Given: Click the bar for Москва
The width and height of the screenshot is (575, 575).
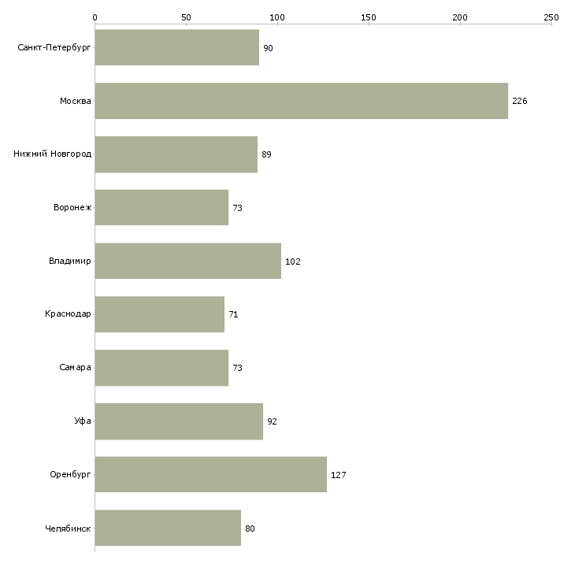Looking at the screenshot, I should pyautogui.click(x=301, y=101).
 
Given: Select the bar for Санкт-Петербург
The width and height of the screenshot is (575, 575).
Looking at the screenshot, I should pyautogui.click(x=177, y=47).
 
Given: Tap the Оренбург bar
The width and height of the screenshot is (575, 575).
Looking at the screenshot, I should pyautogui.click(x=210, y=474).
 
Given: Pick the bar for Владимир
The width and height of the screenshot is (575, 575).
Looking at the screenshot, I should pyautogui.click(x=187, y=261).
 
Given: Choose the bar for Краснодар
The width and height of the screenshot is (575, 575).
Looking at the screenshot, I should pyautogui.click(x=159, y=314).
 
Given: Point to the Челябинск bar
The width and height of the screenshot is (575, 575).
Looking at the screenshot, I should pyautogui.click(x=168, y=528).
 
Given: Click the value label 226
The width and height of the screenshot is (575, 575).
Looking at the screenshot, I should pyautogui.click(x=519, y=101).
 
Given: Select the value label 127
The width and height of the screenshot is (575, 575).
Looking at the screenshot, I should pyautogui.click(x=339, y=475).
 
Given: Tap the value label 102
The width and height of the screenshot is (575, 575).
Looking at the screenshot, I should pyautogui.click(x=293, y=262).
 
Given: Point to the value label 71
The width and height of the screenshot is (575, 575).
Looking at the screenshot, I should pyautogui.click(x=233, y=314).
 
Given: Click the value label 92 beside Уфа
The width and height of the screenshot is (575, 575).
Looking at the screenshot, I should pyautogui.click(x=272, y=421).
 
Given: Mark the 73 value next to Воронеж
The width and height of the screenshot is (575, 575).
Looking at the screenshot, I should pyautogui.click(x=237, y=208).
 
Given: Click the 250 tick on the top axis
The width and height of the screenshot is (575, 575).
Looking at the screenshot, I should pyautogui.click(x=551, y=17).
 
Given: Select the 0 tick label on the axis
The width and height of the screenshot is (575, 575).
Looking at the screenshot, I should pyautogui.click(x=95, y=17).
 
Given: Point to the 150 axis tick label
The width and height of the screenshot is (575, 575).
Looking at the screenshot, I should pyautogui.click(x=369, y=17).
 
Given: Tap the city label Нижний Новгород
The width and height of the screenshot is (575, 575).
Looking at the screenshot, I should pyautogui.click(x=52, y=154).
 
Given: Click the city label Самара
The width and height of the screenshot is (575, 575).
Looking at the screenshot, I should pyautogui.click(x=75, y=368).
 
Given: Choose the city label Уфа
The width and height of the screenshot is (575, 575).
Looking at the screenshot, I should pyautogui.click(x=83, y=421).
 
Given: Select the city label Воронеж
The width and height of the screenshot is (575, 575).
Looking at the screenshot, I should pyautogui.click(x=72, y=208).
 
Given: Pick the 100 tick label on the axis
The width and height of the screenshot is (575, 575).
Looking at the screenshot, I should pyautogui.click(x=277, y=17).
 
